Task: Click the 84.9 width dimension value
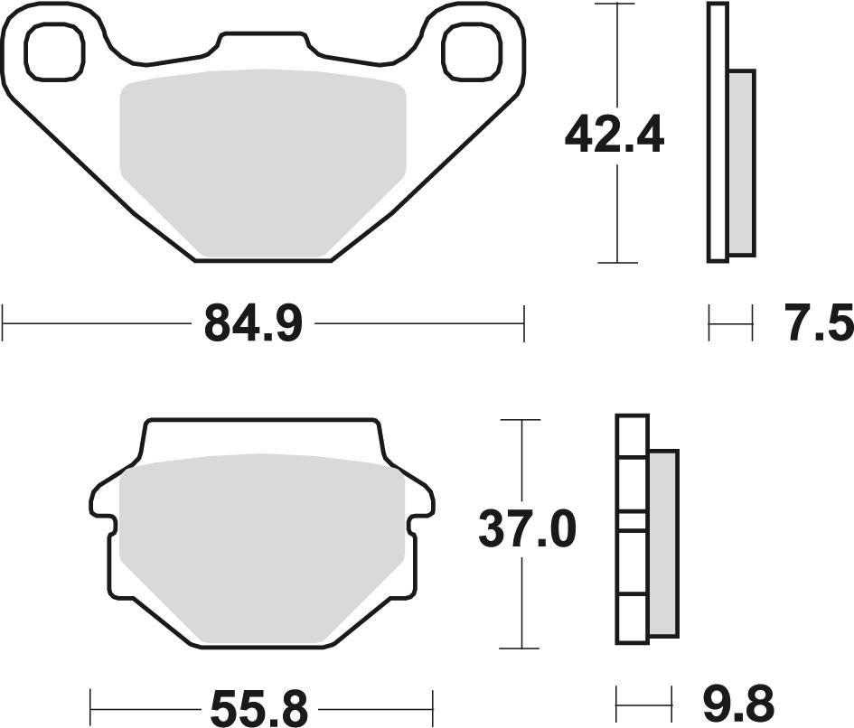point(252,323)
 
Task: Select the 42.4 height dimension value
point(614,136)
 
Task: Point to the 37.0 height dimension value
point(527,532)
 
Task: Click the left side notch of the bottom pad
point(107,522)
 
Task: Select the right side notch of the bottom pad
point(418,522)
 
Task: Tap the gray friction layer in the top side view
point(741,163)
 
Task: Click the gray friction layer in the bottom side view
point(662,542)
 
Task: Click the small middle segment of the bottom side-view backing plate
point(632,520)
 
